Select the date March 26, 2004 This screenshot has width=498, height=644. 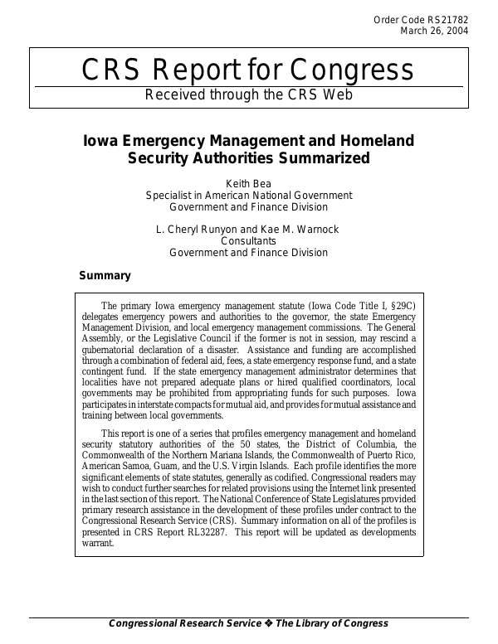tap(435, 31)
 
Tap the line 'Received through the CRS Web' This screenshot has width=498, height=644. tap(248, 94)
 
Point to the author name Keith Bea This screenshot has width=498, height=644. tap(248, 182)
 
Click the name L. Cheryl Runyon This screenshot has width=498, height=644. tap(205, 228)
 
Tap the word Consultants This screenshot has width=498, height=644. tap(248, 240)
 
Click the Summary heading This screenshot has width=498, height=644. tap(105, 275)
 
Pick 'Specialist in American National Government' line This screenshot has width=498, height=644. tap(248, 195)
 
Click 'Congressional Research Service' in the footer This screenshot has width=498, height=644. tap(184, 623)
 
